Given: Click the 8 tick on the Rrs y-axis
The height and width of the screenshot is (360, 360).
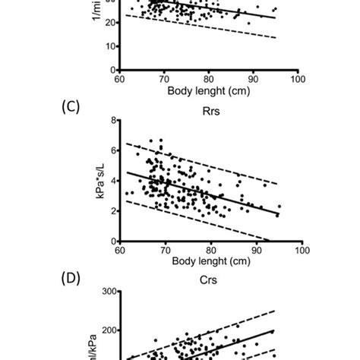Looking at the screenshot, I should (x=112, y=120).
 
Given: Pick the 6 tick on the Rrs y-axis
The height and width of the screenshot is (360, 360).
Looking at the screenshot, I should (x=112, y=150).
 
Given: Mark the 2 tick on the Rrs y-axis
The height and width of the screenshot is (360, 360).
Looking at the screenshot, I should (x=112, y=211).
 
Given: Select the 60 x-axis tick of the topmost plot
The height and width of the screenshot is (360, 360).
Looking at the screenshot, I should (x=119, y=78).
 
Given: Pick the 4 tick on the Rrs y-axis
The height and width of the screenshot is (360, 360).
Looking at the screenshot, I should (x=112, y=181).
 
